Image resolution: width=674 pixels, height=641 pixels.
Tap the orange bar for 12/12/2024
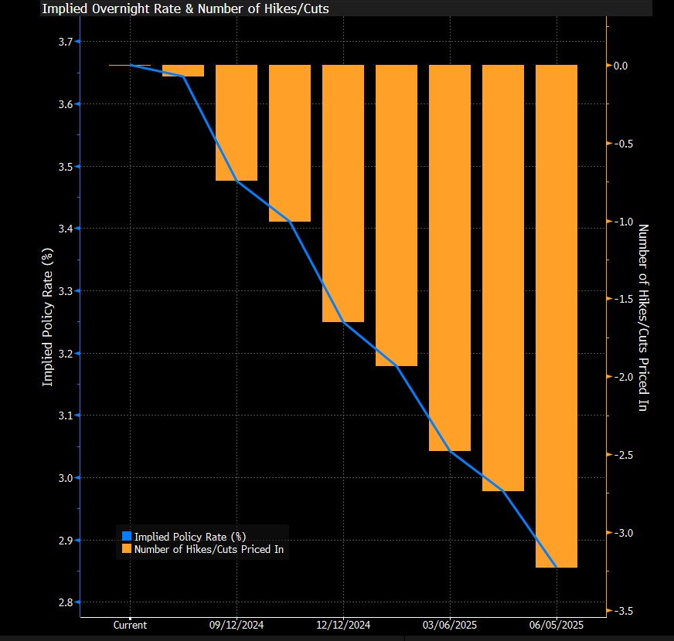point(343,193)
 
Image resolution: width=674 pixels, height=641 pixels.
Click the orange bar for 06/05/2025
point(557,316)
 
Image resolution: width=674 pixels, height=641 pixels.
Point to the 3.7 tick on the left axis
point(65,42)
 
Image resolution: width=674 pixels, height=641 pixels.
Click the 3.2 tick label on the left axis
point(65,354)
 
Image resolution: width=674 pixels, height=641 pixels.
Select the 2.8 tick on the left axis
point(65,603)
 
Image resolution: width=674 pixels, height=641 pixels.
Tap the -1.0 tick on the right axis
point(622,222)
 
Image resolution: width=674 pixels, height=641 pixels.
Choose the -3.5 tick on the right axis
point(622,611)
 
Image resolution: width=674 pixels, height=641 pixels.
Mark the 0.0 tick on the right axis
point(622,66)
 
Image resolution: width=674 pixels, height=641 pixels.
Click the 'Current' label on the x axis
point(130,626)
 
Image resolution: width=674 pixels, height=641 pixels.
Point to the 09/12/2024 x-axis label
point(237,626)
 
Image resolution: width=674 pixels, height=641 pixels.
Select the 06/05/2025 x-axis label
point(557,626)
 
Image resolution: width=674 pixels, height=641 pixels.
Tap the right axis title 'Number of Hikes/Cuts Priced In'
point(642,317)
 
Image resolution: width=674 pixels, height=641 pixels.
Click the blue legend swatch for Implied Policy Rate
point(127,536)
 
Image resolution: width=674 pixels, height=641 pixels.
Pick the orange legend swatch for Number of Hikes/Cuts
point(127,549)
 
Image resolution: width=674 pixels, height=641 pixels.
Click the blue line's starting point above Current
point(130,65)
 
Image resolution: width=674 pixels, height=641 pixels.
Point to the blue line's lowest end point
point(557,568)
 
